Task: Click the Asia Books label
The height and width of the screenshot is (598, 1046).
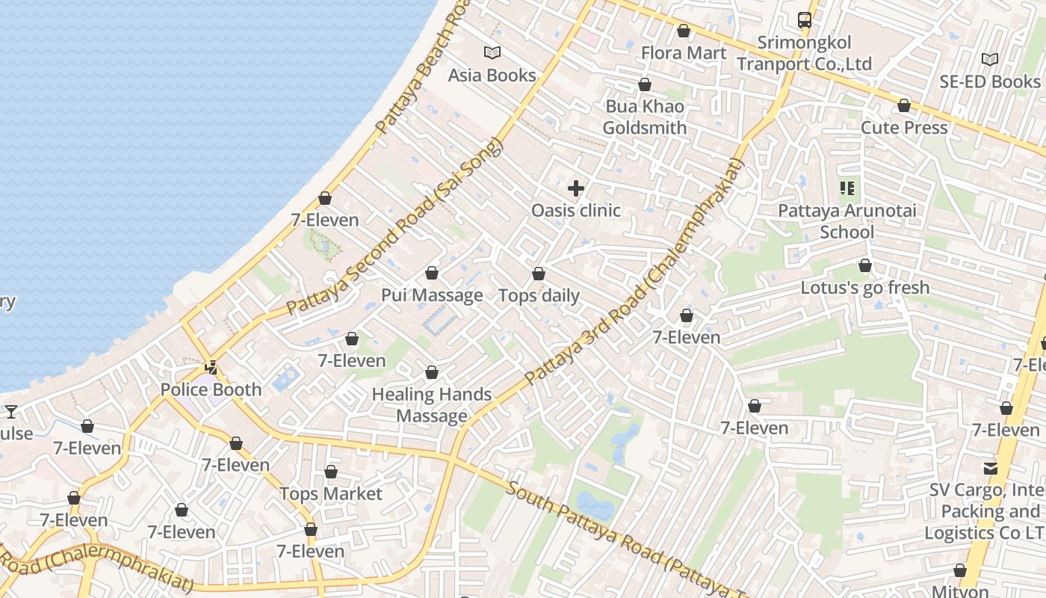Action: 492,75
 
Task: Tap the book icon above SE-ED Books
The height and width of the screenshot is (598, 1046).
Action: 989,59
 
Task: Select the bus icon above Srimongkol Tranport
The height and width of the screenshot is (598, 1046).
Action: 804,20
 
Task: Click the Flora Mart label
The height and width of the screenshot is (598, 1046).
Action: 683,53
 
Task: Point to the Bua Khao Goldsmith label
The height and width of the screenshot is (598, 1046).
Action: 644,117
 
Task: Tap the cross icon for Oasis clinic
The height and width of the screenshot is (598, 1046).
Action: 575,188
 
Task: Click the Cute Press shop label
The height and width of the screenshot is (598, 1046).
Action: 904,128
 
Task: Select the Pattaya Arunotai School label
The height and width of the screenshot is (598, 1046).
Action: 847,221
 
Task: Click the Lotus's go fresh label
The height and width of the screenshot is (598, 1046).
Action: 864,288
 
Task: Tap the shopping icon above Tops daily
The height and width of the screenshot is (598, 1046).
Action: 538,274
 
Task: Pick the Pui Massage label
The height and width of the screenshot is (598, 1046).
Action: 432,295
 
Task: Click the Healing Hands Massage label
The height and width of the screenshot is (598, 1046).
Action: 432,405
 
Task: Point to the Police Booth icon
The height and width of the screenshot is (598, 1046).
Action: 212,367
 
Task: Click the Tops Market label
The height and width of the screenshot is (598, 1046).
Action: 330,494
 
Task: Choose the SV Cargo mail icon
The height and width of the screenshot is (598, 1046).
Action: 990,469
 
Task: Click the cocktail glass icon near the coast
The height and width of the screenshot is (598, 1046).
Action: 11,411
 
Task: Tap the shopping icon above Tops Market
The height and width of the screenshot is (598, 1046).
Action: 330,472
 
